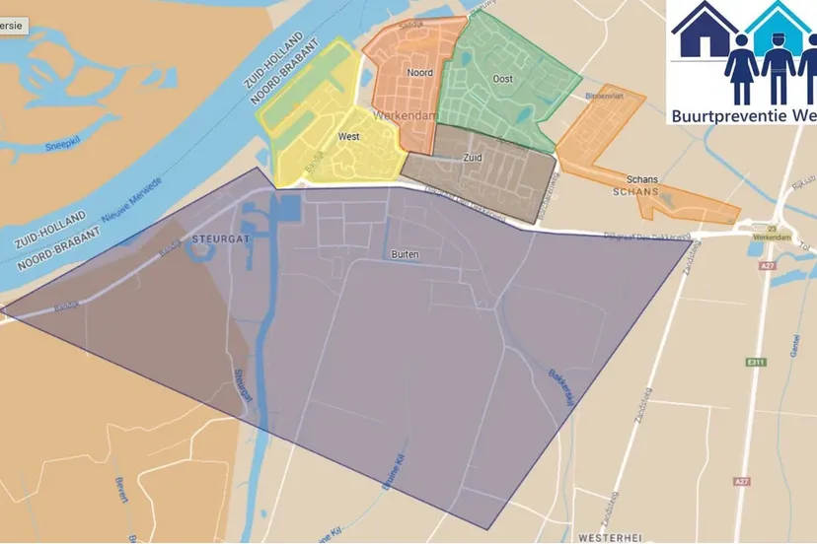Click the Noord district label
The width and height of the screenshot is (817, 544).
[x=420, y=72]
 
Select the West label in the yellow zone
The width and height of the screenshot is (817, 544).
[x=347, y=137]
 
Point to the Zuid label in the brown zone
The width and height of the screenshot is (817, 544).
[x=473, y=157]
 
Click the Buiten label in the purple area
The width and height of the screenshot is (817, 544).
[x=406, y=254]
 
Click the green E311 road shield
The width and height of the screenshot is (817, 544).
[x=757, y=363]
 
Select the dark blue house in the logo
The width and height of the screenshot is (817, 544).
[x=705, y=32]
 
